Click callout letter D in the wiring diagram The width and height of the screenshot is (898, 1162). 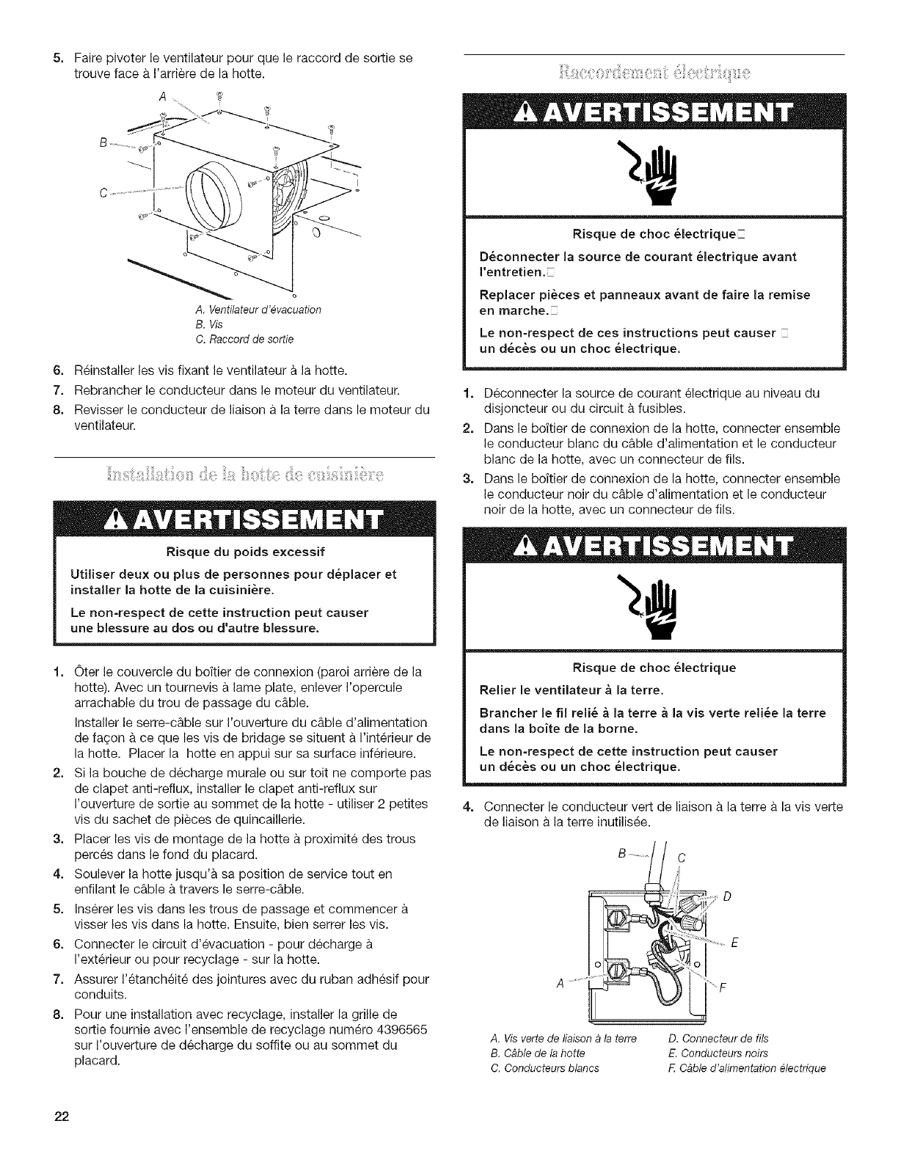pyautogui.click(x=726, y=896)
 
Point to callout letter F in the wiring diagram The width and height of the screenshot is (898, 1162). pyautogui.click(x=722, y=987)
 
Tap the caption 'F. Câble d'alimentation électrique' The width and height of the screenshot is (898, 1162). pyautogui.click(x=748, y=1067)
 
